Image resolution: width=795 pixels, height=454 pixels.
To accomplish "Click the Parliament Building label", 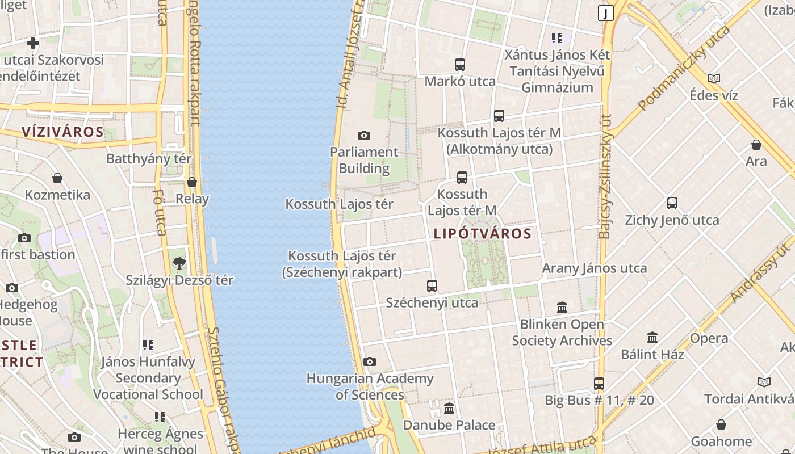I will pos(364,160).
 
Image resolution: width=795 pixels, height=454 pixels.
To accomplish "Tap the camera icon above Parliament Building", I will pos(364,135).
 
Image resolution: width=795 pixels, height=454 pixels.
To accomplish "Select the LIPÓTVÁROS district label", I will pos(483,234).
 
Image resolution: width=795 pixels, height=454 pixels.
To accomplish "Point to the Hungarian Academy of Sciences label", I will pos(370,386).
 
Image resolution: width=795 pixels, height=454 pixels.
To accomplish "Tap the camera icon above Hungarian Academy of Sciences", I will pos(370,361).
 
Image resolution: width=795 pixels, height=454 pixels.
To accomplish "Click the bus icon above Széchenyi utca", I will pos(432,286).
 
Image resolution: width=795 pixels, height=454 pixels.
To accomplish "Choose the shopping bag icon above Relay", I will pos(192,182).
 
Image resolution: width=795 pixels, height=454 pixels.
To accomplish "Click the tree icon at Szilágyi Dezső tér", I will pos(179,263).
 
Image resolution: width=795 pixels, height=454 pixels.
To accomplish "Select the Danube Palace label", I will pos(449,425).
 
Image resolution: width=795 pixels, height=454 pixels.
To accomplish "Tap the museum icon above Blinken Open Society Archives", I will pos(562,307).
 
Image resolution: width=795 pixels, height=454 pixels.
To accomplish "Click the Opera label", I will pos(709,339).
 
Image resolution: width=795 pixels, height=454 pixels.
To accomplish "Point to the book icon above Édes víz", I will pos(714,78).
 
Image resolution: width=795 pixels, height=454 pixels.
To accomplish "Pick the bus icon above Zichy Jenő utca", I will pos(672,203).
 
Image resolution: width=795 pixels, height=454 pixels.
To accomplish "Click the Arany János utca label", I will pos(595,268).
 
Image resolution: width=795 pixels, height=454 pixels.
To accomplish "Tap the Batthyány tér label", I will pos(149,159).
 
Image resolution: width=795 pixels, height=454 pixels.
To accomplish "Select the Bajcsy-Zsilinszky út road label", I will pos(605,176).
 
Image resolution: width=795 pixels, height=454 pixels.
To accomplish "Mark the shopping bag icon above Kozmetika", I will pos(57,178).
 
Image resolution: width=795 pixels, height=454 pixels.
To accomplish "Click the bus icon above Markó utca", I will pos(460,65).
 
